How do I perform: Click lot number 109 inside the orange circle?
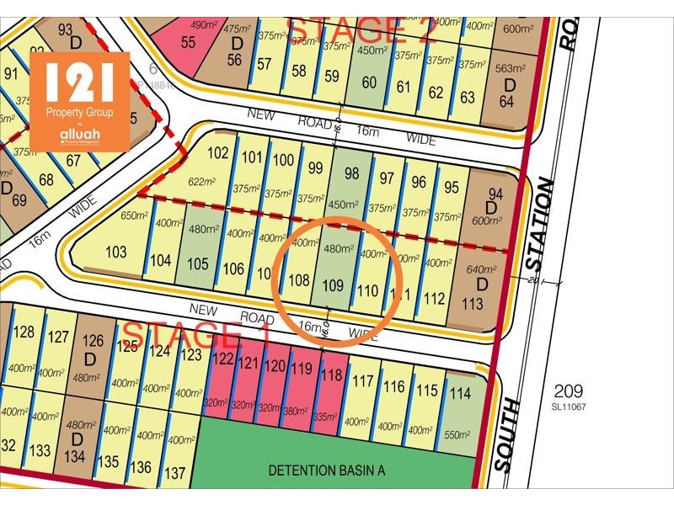[333, 286]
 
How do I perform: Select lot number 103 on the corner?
[115, 252]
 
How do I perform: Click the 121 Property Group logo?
[79, 101]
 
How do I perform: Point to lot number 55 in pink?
[188, 41]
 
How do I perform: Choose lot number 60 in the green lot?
[369, 82]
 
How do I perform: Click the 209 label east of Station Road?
[568, 391]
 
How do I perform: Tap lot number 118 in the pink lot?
[334, 376]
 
